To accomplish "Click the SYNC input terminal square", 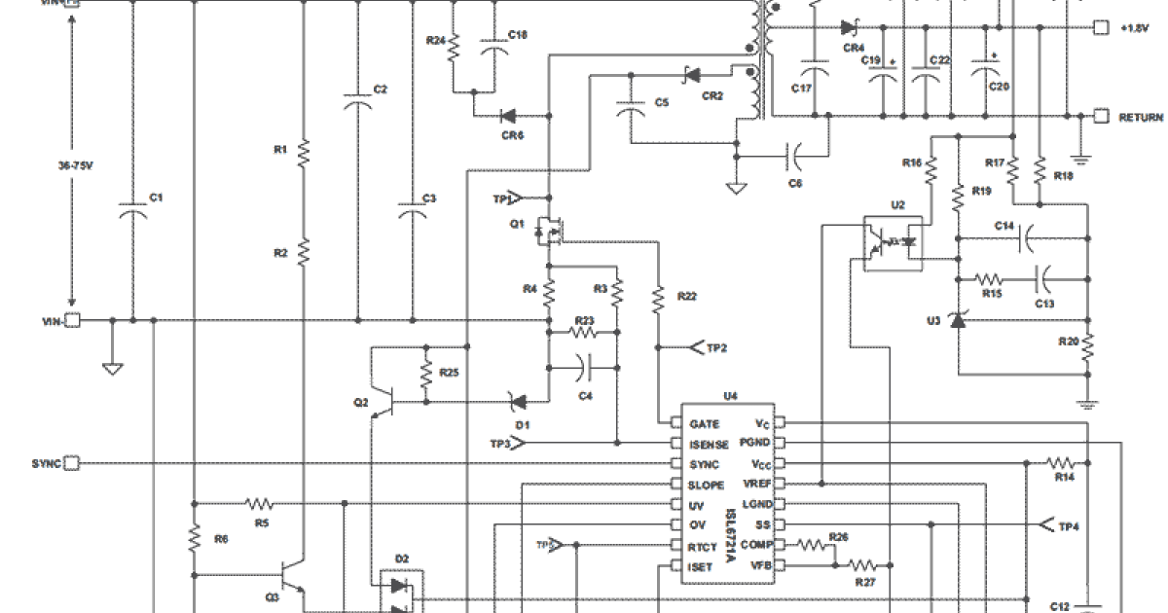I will [71, 463].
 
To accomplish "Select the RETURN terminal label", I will [1140, 117].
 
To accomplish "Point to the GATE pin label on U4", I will [704, 424].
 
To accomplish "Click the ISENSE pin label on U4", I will [709, 444].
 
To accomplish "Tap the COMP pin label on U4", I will [755, 545].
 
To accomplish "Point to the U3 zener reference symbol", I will [958, 318].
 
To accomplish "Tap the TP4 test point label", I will [1068, 526].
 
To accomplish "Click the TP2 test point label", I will [716, 347].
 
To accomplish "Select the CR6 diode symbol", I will [507, 116].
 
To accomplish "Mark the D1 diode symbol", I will [518, 400].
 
